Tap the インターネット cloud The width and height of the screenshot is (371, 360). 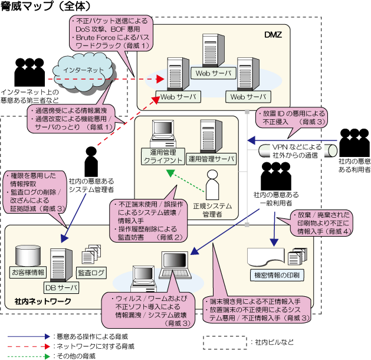80,70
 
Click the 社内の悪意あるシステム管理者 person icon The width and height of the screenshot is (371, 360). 92,160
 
